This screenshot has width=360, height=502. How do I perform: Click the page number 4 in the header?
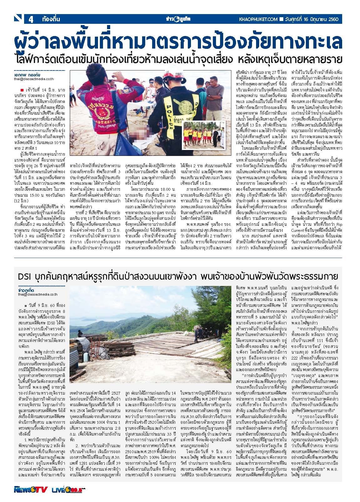click(31, 19)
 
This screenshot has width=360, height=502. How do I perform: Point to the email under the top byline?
click(32, 80)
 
